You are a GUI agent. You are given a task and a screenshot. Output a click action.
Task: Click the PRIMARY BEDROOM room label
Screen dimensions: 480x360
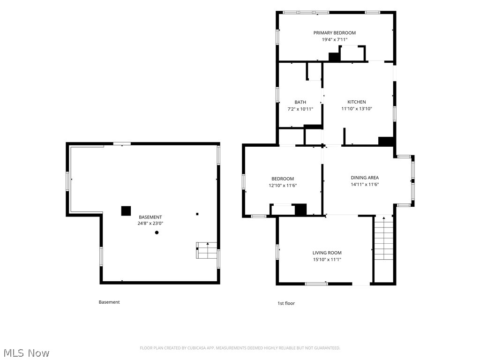(x=334, y=33)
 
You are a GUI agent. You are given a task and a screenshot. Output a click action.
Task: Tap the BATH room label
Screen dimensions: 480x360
(x=300, y=102)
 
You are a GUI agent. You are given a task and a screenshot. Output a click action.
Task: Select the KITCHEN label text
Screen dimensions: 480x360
(x=356, y=102)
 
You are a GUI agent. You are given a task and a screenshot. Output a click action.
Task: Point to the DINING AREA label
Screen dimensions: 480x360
(x=365, y=178)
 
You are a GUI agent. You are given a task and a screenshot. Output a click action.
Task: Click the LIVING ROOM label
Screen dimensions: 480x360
(x=327, y=253)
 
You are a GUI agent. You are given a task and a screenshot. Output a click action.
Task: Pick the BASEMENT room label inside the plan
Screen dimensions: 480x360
(x=150, y=217)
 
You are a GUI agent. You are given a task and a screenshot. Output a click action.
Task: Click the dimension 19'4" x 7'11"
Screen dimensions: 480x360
(x=334, y=39)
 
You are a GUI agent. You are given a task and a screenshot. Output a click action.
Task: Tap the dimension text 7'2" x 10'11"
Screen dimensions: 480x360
(x=300, y=109)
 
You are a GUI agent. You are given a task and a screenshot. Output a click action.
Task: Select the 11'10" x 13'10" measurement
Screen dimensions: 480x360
(x=356, y=109)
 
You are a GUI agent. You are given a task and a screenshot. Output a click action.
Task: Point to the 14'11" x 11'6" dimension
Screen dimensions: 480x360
(x=365, y=184)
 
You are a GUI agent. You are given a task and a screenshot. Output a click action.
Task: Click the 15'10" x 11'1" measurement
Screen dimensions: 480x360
(x=327, y=260)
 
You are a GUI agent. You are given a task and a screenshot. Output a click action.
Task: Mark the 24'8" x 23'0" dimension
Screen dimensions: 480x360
(x=150, y=224)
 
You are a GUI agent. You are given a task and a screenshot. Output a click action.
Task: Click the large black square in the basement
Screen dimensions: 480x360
(x=126, y=211)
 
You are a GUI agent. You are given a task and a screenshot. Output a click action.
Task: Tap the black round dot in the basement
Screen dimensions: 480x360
(x=157, y=232)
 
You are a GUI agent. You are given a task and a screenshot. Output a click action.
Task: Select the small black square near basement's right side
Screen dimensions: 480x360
(x=197, y=214)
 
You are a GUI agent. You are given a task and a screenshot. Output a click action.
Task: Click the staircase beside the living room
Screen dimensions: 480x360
(x=383, y=238)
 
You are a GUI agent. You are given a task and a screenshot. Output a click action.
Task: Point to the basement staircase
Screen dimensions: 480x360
(x=207, y=250)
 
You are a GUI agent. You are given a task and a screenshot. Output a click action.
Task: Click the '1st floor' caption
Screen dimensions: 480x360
(x=286, y=303)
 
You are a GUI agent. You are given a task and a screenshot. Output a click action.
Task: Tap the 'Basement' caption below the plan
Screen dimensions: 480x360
(x=109, y=302)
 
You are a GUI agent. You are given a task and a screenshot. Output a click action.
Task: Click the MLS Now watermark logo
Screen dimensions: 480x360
(x=27, y=352)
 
